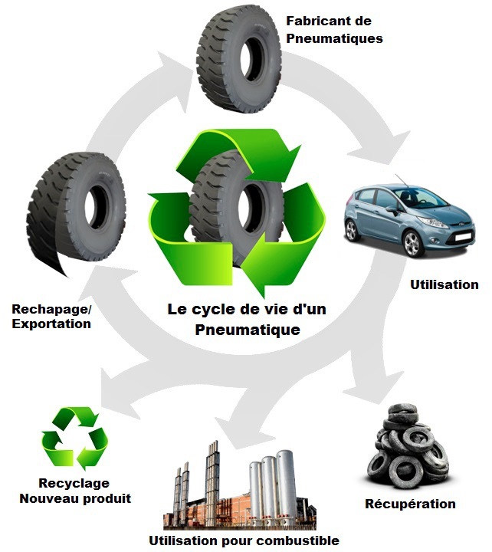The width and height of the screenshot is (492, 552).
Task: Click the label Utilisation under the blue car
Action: click(444, 284)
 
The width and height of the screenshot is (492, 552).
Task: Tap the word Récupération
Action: click(410, 504)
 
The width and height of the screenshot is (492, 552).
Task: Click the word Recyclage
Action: click(74, 483)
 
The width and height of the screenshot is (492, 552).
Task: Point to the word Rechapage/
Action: click(51, 309)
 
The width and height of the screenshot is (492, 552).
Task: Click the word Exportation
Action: click(51, 324)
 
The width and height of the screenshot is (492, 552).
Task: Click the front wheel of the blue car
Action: click(412, 243)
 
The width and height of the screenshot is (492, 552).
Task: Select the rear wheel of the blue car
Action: click(352, 230)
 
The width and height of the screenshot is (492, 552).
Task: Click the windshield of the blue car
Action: click(418, 199)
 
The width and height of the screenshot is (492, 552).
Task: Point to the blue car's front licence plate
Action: click(463, 236)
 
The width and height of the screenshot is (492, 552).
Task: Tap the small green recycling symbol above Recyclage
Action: click(74, 439)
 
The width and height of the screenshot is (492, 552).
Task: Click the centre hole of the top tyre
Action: click(253, 59)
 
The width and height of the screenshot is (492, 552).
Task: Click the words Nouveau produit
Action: click(75, 498)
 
